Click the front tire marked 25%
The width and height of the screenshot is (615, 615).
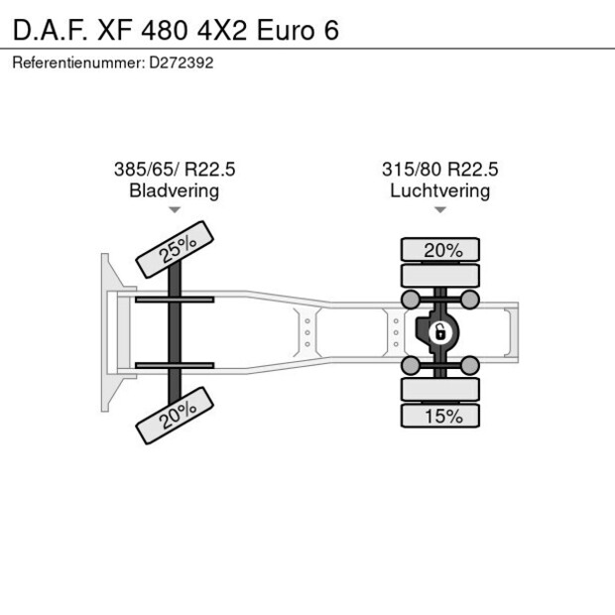pyautogui.click(x=174, y=252)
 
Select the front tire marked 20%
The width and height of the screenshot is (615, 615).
pyautogui.click(x=174, y=415)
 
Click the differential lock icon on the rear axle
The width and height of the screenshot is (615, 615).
pyautogui.click(x=436, y=333)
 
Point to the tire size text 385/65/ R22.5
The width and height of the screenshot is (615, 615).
pyautogui.click(x=175, y=170)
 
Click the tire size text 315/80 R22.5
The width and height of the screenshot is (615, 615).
pyautogui.click(x=439, y=170)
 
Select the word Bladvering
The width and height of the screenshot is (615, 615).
pyautogui.click(x=175, y=190)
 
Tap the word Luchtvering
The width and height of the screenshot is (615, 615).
pyautogui.click(x=439, y=190)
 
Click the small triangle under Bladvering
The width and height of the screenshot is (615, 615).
pyautogui.click(x=175, y=210)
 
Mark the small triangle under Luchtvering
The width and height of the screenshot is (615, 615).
pyautogui.click(x=439, y=210)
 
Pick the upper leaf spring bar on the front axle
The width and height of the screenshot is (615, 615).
pyautogui.click(x=175, y=300)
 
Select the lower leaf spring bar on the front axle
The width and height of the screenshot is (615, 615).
pyautogui.click(x=175, y=365)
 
